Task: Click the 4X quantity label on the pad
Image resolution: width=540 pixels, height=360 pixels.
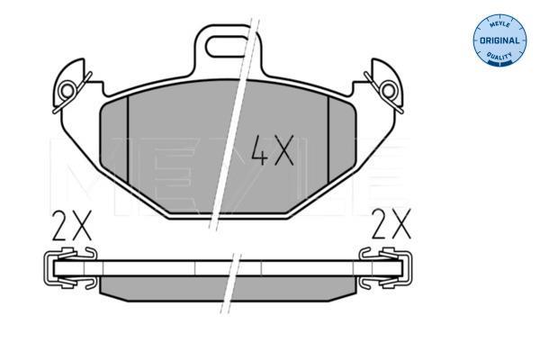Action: [x=273, y=150]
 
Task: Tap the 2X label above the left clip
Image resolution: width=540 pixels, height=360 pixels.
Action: [x=72, y=225]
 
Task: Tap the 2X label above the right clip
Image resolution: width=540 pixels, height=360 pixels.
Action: [x=391, y=224]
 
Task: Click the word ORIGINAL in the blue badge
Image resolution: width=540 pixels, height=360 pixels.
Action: [x=499, y=40]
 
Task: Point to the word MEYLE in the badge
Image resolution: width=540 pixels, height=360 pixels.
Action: [x=499, y=24]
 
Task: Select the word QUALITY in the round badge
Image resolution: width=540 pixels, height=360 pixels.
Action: [x=499, y=56]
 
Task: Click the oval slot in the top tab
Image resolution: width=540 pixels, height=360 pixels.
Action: [x=228, y=46]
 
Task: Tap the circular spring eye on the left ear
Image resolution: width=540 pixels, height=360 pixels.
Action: [x=67, y=91]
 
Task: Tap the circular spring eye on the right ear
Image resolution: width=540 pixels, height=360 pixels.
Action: [x=389, y=91]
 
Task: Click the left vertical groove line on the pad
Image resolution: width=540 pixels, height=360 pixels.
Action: [x=128, y=139]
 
